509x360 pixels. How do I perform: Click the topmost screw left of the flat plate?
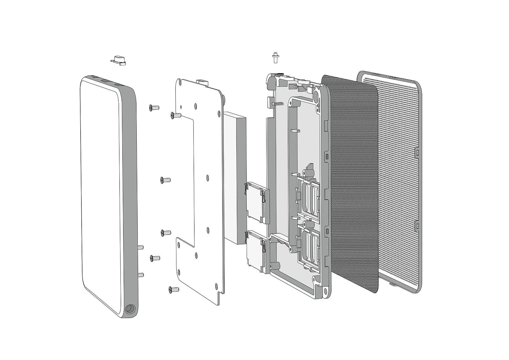(154, 107)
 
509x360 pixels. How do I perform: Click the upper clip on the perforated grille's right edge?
(417, 152)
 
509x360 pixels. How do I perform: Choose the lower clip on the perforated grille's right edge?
(417, 225)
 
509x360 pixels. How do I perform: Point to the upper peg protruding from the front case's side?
(141, 247)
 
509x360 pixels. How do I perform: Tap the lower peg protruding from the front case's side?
(141, 275)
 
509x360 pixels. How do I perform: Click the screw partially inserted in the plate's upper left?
(175, 115)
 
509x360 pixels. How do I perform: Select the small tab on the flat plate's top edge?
(201, 81)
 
